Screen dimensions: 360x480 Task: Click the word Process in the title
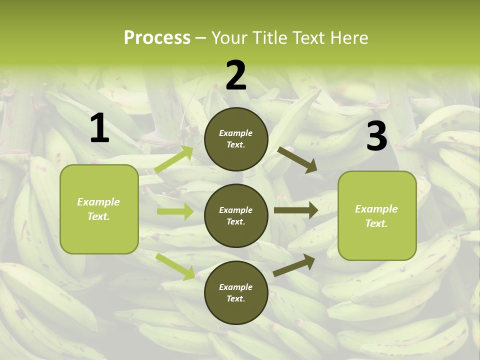coord(157,38)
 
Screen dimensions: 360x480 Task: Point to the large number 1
coord(99,128)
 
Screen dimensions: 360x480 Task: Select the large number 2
coord(236,75)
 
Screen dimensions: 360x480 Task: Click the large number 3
coord(376,136)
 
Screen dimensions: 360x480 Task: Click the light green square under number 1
coord(99,209)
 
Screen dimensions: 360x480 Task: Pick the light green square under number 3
coord(377,215)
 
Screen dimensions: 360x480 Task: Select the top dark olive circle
coord(236,139)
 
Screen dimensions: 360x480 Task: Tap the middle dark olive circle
coord(236,215)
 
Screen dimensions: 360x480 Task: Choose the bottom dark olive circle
coord(236,292)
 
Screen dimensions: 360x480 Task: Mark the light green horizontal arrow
coord(175,211)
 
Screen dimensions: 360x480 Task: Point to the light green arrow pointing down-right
coord(175,266)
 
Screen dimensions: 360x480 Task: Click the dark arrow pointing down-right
coord(298,159)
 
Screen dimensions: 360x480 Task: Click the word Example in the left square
coord(98,202)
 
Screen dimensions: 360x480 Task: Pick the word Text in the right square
coord(376,223)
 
